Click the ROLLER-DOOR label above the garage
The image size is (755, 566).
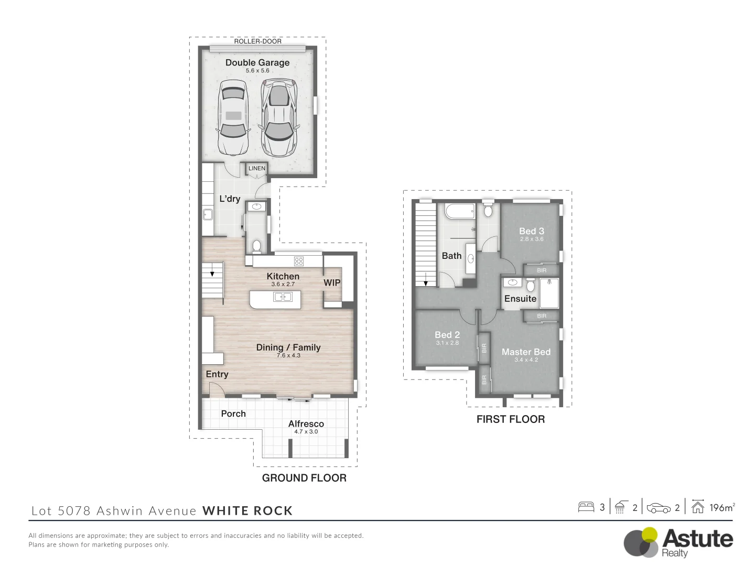[257, 41]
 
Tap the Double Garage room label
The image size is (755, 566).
[257, 62]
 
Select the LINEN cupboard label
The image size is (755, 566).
[256, 168]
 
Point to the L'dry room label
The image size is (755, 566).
[230, 199]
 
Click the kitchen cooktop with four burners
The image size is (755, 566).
[298, 261]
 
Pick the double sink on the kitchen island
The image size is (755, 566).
[283, 297]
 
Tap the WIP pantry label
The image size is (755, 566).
[332, 283]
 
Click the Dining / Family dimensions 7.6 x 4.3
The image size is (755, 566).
[288, 355]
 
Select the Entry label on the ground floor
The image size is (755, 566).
[217, 374]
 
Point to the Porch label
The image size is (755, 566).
[233, 413]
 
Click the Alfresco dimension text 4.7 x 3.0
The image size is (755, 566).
[306, 432]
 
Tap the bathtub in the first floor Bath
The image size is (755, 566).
[460, 211]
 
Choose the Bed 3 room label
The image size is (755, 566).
[532, 231]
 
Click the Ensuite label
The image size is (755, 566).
[520, 299]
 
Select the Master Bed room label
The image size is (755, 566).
[526, 352]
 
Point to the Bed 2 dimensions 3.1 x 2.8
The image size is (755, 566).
[447, 343]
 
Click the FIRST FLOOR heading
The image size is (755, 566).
[511, 419]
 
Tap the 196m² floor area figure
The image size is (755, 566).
[722, 507]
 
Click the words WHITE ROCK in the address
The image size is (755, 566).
[247, 511]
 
